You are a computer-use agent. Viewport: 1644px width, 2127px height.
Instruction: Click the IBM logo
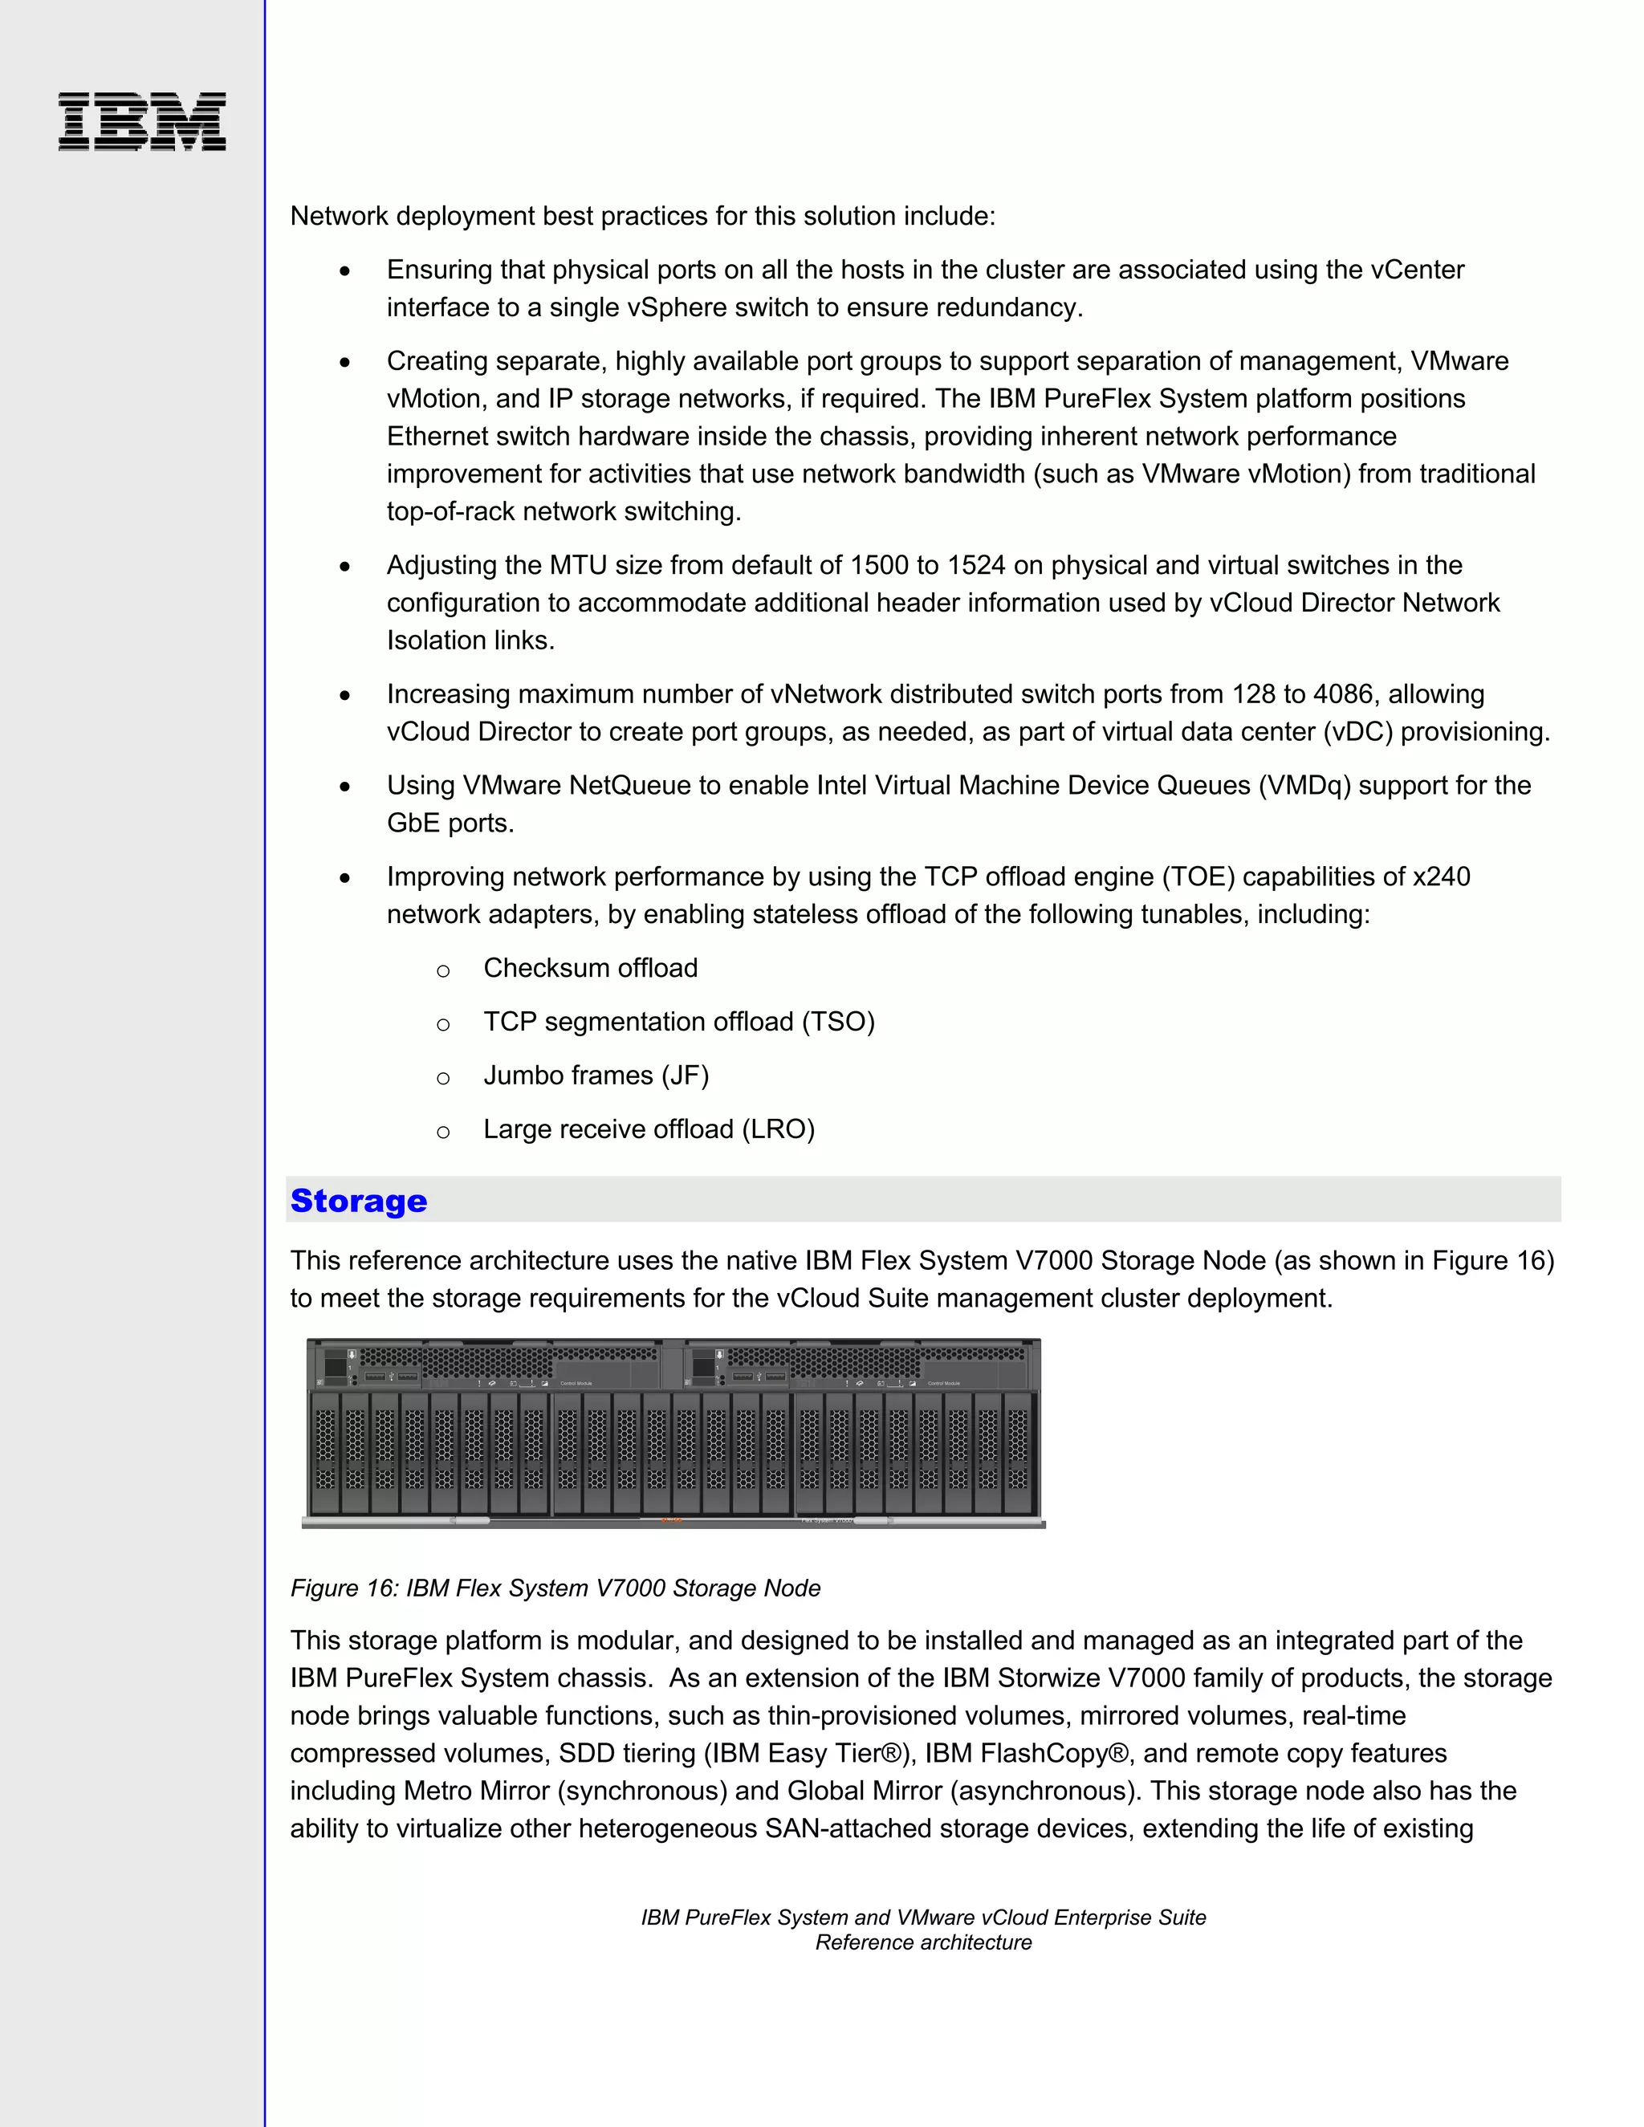[142, 122]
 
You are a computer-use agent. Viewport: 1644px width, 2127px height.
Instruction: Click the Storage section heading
[358, 1201]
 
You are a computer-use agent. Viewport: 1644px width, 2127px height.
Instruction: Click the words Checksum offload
[590, 968]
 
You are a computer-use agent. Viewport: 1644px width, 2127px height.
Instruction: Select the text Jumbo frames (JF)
[596, 1076]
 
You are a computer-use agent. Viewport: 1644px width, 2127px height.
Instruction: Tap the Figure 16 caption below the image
[555, 1588]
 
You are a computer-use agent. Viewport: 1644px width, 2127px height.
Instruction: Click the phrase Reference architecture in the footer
[922, 1942]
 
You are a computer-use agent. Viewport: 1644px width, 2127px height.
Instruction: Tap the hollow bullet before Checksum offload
[443, 971]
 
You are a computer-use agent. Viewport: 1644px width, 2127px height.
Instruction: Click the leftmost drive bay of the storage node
[325, 1451]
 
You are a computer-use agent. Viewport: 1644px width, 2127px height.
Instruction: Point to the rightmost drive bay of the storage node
[1018, 1451]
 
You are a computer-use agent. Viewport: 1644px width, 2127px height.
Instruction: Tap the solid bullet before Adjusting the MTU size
[344, 567]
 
